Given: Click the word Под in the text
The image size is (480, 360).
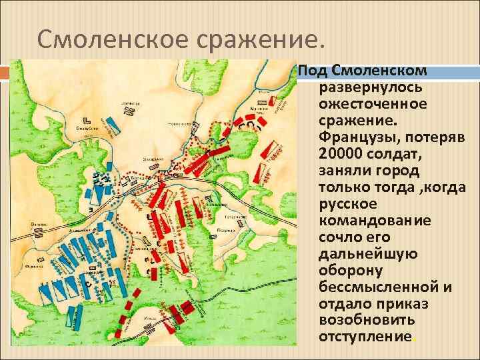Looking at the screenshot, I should [309, 70].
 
